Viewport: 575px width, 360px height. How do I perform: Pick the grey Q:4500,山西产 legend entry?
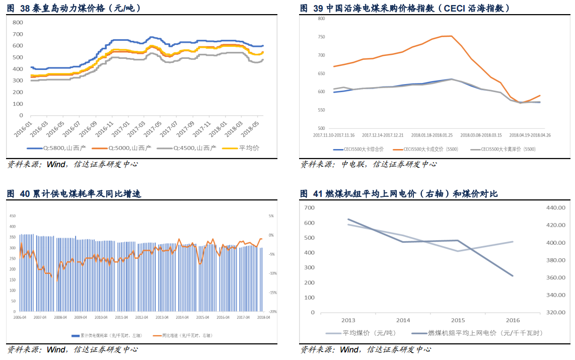pyautogui.click(x=187, y=148)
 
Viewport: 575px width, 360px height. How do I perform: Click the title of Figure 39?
pyautogui.click(x=405, y=8)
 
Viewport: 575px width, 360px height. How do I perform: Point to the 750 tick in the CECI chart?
pyautogui.click(x=321, y=37)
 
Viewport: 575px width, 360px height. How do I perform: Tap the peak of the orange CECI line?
pyautogui.click(x=451, y=36)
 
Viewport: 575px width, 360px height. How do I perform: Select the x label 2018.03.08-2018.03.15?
pyautogui.click(x=480, y=135)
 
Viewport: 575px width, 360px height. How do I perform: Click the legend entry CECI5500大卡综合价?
pyautogui.click(x=358, y=149)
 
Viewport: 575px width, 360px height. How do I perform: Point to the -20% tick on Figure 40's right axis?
pyautogui.click(x=270, y=312)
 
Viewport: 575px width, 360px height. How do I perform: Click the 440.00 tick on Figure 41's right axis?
pyautogui.click(x=556, y=207)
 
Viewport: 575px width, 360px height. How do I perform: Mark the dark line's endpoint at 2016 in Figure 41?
pyautogui.click(x=513, y=275)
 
